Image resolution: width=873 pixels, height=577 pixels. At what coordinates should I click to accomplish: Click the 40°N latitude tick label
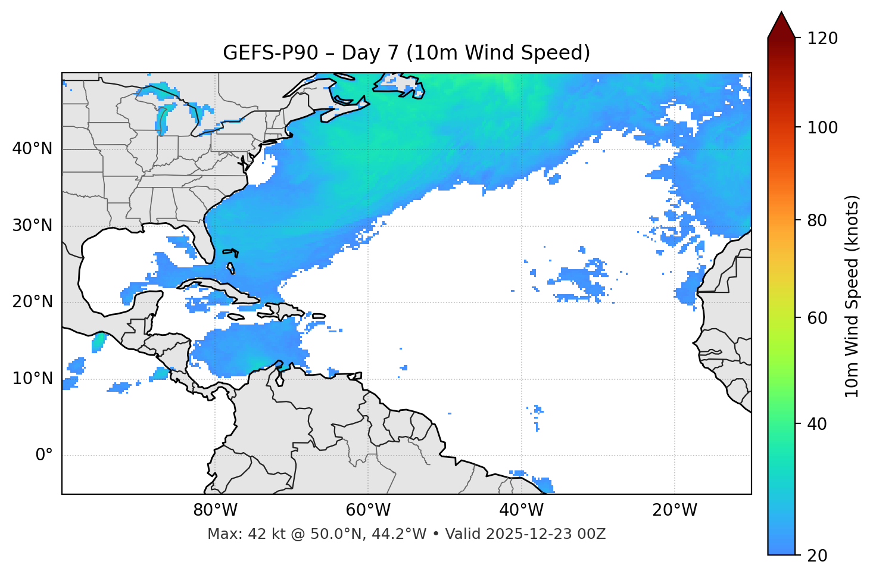(32, 149)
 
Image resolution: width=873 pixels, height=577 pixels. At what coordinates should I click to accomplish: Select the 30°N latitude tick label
(32, 226)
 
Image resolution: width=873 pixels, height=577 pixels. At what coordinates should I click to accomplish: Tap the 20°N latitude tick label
(32, 302)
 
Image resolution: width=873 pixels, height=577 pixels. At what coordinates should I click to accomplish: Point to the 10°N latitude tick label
(32, 379)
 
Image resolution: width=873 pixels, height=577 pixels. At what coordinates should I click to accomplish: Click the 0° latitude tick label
(44, 456)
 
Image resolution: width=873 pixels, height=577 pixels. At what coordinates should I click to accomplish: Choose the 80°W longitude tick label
(215, 510)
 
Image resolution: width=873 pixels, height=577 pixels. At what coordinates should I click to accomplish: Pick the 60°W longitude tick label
(368, 510)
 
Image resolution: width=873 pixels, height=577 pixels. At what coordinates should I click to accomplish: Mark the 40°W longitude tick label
(521, 510)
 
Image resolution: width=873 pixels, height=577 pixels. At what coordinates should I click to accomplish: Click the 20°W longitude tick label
(675, 510)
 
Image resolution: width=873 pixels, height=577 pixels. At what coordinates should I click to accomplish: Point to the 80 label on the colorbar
(817, 220)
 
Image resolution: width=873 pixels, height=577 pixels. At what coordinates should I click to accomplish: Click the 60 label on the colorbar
(817, 318)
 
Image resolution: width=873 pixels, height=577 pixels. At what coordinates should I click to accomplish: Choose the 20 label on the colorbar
(817, 556)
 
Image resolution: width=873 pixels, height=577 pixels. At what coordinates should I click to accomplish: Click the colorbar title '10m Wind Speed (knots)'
(852, 296)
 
